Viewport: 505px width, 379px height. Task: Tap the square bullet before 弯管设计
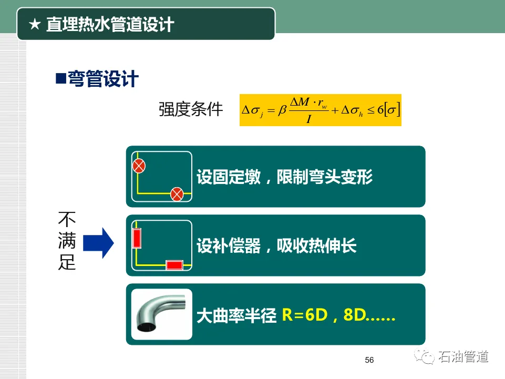(60, 79)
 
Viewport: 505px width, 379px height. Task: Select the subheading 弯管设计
(103, 79)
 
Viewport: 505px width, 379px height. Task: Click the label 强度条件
(191, 109)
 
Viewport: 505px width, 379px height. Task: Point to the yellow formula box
(320, 110)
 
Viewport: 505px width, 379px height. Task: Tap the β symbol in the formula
(282, 110)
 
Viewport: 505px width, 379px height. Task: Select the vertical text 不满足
(67, 241)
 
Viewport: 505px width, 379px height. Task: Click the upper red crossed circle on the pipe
(138, 167)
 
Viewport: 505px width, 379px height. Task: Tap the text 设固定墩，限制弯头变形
(284, 177)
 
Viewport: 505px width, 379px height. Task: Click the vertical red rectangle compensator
(137, 238)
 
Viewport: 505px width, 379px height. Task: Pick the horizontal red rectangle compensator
(174, 265)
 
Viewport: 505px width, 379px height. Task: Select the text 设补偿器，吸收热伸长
(276, 246)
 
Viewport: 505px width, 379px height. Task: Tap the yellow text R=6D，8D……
(338, 315)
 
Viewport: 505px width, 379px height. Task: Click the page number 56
(369, 360)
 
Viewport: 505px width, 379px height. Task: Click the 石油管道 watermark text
(463, 357)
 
